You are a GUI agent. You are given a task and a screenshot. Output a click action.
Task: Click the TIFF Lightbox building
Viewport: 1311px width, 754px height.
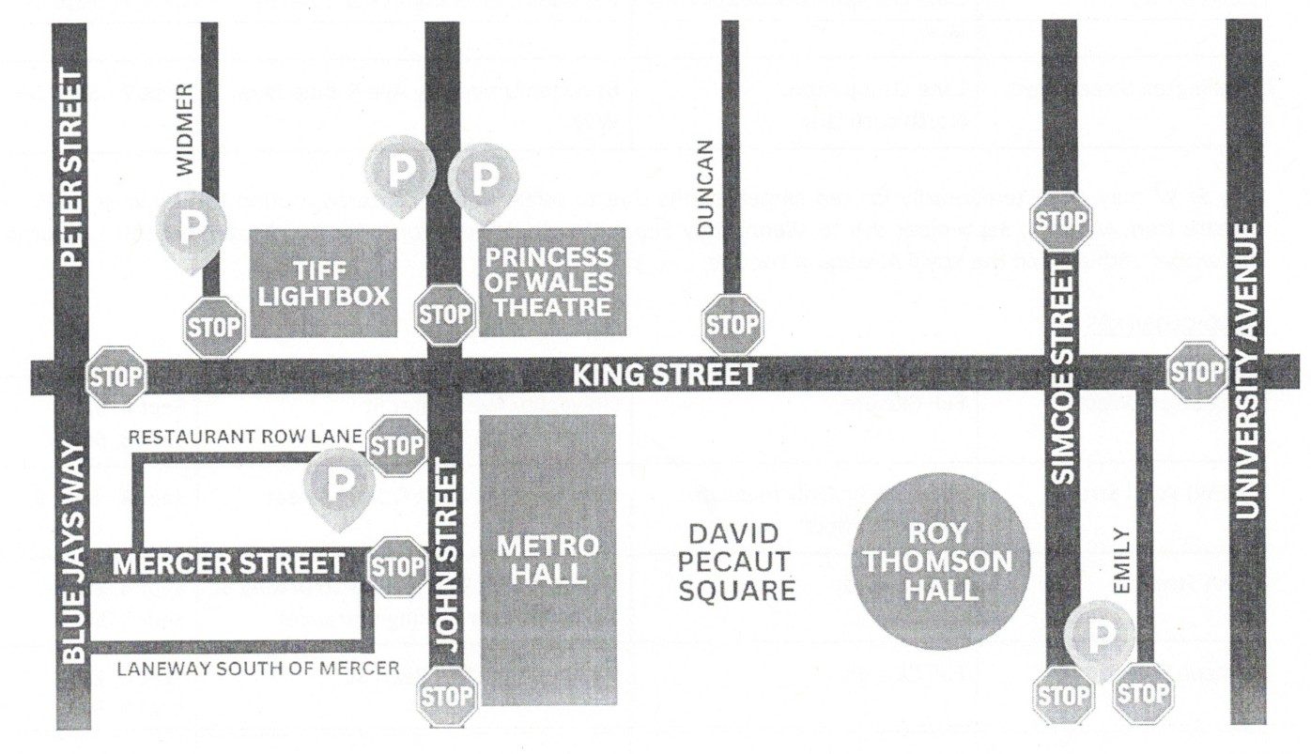pos(322,283)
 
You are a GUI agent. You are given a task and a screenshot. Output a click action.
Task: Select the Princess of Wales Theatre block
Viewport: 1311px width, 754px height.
pos(550,281)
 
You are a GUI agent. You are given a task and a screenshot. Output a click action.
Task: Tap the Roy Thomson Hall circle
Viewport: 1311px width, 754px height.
pos(937,562)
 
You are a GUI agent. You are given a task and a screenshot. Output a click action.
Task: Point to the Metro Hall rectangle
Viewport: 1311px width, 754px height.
pos(548,560)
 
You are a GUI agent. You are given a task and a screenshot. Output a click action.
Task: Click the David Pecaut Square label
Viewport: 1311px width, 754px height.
pos(736,562)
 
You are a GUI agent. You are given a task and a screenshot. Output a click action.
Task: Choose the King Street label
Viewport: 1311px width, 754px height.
pos(664,377)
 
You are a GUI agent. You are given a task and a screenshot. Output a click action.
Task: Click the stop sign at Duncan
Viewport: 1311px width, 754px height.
pos(731,325)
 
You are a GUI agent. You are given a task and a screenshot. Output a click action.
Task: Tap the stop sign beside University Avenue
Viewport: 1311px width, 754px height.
pos(1196,372)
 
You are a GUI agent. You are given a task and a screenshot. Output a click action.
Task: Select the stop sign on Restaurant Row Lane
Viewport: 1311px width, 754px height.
pos(396,446)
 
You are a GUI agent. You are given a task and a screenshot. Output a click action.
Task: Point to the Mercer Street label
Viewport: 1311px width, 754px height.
pos(228,564)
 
